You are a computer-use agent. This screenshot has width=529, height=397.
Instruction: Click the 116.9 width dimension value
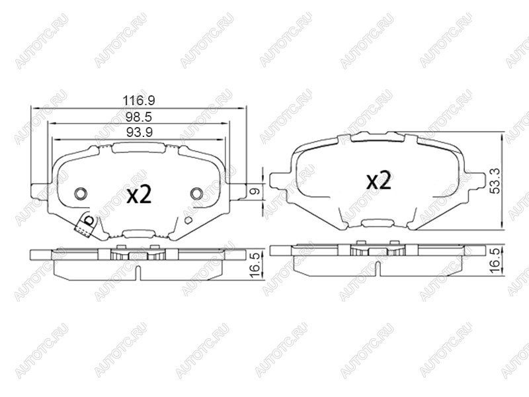point(139,101)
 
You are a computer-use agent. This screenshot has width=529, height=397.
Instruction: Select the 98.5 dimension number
point(139,117)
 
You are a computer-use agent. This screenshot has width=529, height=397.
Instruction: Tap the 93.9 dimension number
point(140,132)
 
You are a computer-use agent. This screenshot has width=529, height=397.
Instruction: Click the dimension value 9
point(257,191)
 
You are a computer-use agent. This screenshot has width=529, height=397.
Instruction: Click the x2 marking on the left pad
point(139,195)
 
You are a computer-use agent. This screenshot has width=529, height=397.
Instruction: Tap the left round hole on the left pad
point(81,193)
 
